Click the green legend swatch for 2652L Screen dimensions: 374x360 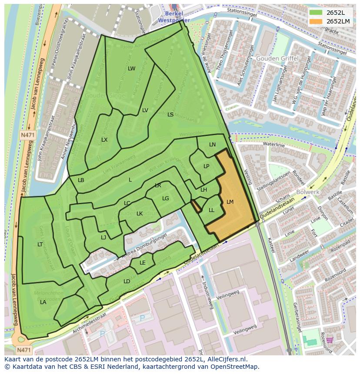316,13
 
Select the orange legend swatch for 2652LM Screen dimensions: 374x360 316,21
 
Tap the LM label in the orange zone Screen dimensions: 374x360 230,202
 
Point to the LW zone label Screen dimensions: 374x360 132,69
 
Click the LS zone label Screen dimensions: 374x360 170,115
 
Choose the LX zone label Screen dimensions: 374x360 104,140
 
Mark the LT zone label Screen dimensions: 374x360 40,245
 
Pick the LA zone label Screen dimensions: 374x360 43,302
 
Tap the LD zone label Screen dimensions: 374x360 127,281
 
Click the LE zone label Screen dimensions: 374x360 143,263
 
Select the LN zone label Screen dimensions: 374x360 212,145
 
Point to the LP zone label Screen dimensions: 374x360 206,166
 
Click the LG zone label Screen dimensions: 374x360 165,199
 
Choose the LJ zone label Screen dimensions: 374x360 103,238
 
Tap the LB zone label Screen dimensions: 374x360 81,180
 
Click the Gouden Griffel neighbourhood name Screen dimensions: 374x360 277,59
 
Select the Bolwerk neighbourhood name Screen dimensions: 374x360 308,192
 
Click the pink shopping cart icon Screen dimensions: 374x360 330,340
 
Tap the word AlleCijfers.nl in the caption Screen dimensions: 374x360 226,359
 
